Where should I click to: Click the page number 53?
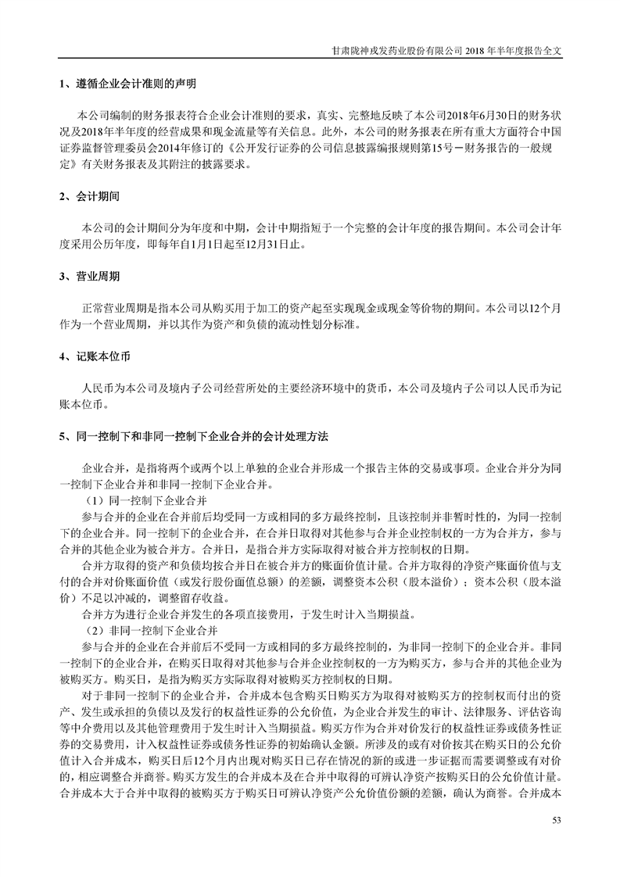(x=557, y=820)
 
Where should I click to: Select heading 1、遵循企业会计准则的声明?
(x=127, y=83)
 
